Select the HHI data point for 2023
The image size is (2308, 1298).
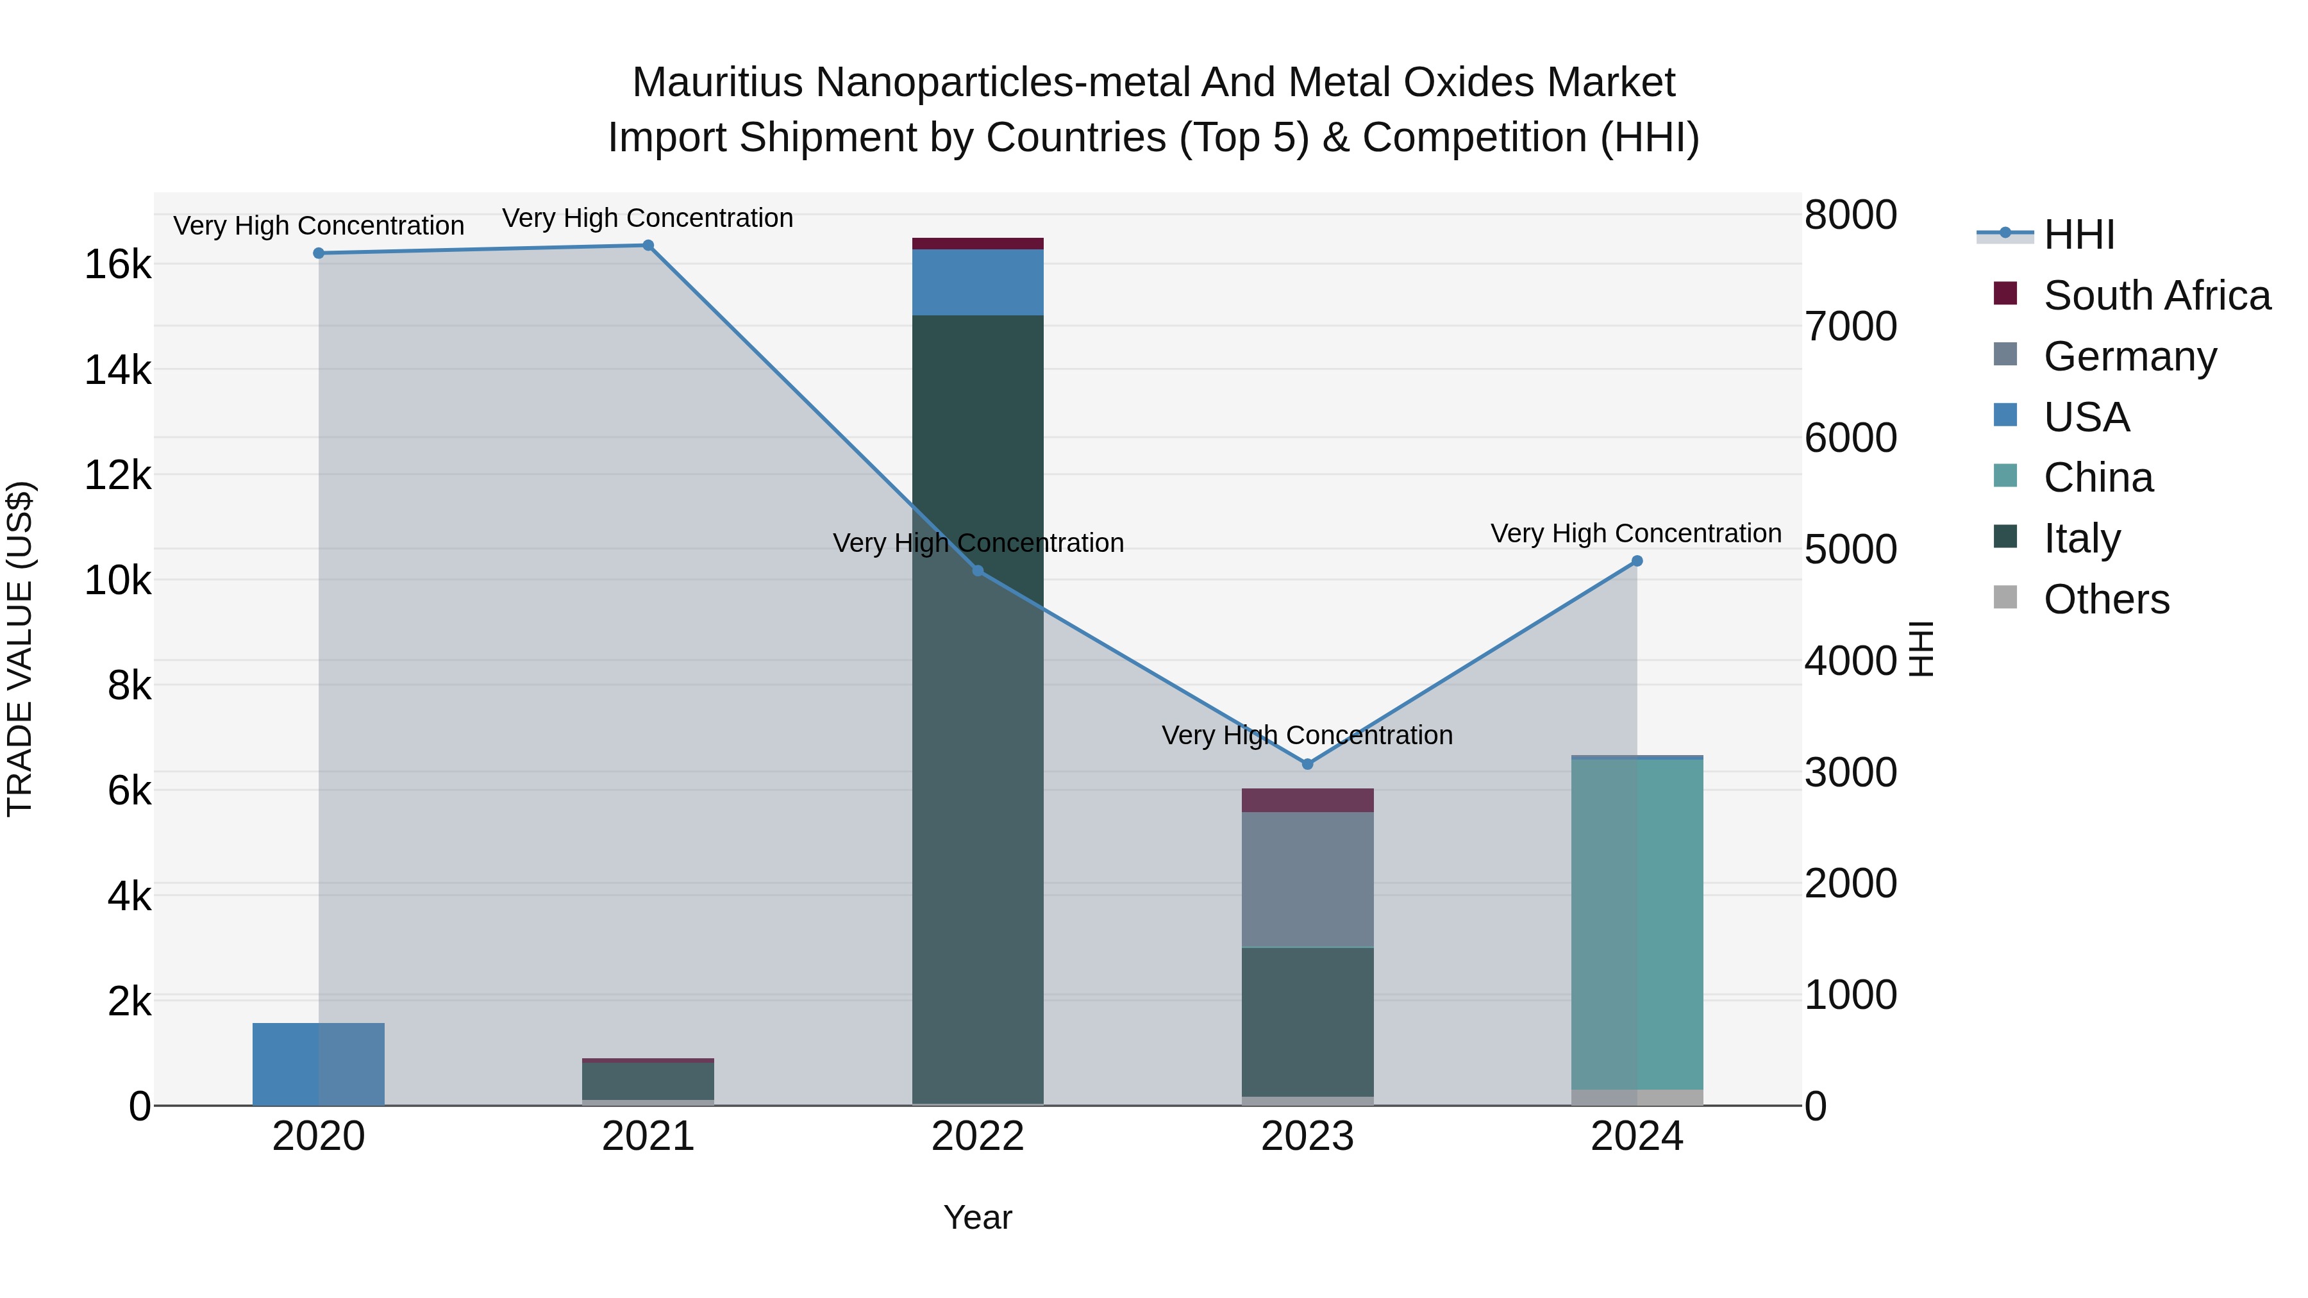pos(1307,764)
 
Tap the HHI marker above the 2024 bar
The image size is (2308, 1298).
pos(1637,561)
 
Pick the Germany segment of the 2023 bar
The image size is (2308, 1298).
pos(1307,879)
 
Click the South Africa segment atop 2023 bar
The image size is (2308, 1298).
pos(1307,800)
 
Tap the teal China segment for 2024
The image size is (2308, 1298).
pos(1637,922)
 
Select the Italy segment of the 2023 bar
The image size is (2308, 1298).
pos(1307,1021)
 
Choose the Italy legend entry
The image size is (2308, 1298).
pos(2081,538)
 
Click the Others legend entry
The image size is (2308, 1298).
pos(2105,599)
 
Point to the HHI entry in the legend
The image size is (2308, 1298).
pos(2078,235)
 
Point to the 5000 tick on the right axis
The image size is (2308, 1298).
pos(1851,549)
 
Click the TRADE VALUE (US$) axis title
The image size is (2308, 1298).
pos(20,649)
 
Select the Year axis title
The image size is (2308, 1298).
pos(978,1217)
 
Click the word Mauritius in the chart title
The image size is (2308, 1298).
pos(717,83)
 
